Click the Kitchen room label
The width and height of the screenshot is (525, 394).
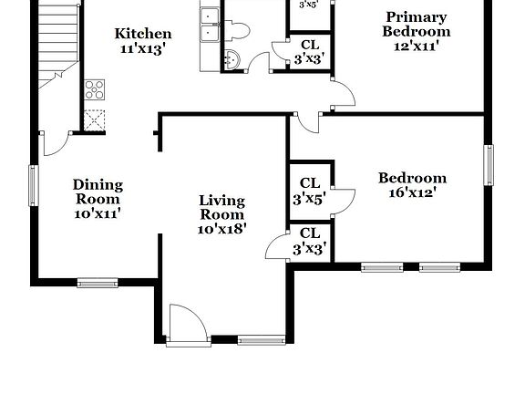tap(142, 34)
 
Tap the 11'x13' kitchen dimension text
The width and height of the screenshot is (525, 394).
tap(142, 49)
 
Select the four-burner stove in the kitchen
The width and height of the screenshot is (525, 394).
tap(94, 89)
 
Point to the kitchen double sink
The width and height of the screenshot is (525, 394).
tap(210, 25)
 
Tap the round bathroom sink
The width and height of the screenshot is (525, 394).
tap(232, 61)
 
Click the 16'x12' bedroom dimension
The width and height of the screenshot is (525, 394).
tap(412, 192)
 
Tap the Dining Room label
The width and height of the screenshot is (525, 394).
tap(98, 192)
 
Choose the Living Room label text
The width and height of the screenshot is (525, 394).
tap(222, 207)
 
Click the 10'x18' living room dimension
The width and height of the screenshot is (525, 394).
tap(222, 229)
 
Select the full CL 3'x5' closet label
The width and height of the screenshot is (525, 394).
tap(310, 190)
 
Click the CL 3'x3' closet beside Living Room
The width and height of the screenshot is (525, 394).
tap(310, 241)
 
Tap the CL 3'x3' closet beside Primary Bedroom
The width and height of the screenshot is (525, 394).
tap(309, 52)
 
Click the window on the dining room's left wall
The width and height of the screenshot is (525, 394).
tap(33, 185)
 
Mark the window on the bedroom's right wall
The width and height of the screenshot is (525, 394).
tap(489, 165)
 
